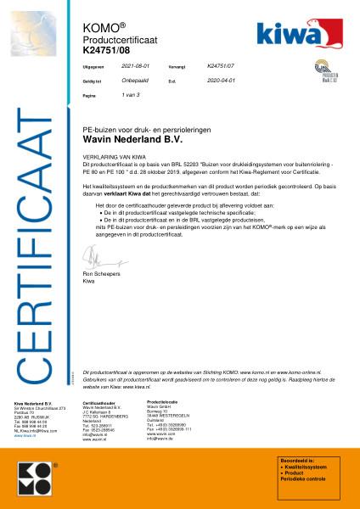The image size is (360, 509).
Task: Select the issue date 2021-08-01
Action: (x=134, y=64)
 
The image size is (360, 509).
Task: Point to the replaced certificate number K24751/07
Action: (x=220, y=64)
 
